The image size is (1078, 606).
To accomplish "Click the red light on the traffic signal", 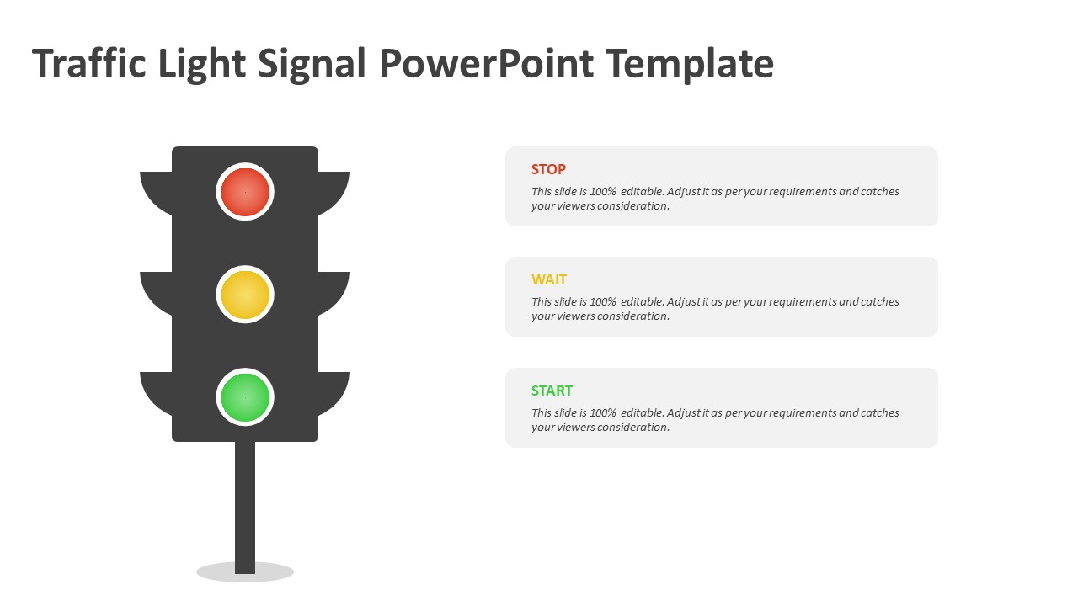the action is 245,192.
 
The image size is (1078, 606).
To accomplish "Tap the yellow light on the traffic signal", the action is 245,295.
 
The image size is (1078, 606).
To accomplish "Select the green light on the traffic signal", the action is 245,397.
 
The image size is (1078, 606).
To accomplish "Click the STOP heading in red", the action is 548,169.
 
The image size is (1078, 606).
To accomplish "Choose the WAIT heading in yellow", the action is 548,279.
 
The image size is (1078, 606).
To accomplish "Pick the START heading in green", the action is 552,391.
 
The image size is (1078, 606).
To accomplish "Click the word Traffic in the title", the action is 89,62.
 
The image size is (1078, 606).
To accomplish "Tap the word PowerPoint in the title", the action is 486,62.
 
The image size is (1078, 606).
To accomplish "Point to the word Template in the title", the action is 690,64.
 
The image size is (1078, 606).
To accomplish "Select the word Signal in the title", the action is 312,64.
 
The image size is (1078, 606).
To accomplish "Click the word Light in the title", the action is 201,64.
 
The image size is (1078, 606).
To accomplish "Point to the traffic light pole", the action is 245,508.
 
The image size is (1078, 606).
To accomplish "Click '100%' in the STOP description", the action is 603,191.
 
